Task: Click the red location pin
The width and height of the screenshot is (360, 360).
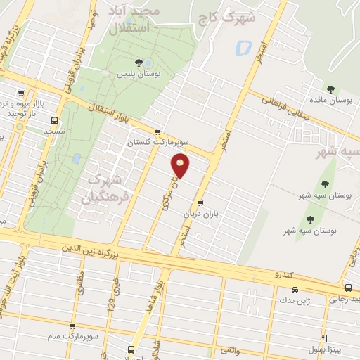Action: click(181, 166)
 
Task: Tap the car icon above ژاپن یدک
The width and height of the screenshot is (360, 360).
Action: click(294, 289)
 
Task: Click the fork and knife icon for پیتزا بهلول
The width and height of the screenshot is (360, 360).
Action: click(323, 337)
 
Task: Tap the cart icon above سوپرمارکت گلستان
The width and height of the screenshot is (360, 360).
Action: click(158, 131)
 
